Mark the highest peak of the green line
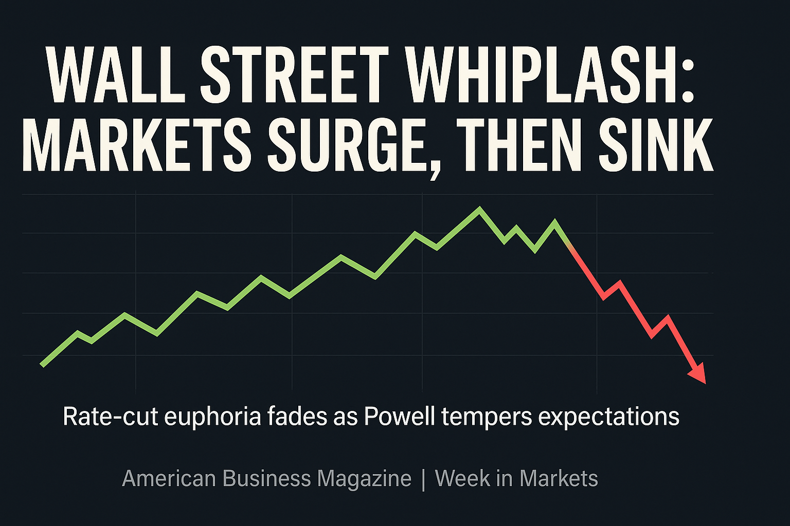coord(480,209)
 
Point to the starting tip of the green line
coord(43,365)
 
